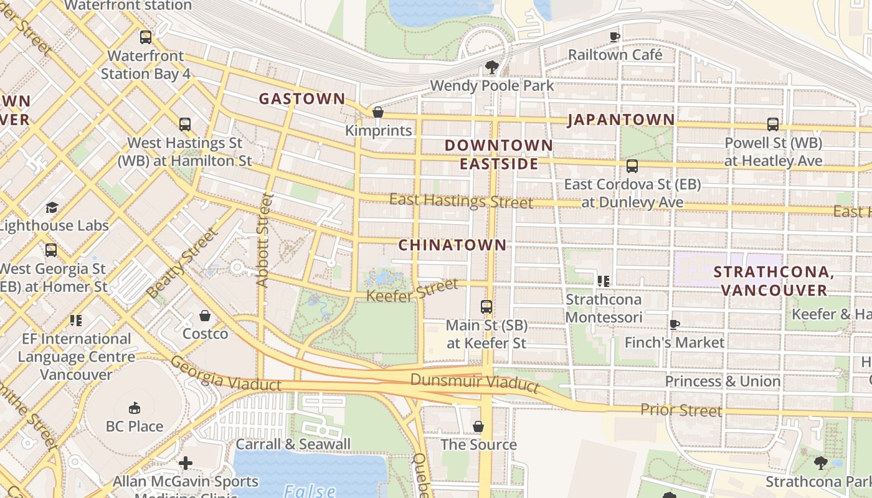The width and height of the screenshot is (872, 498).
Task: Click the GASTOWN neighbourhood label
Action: tap(301, 98)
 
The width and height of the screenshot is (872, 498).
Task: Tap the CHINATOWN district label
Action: tap(452, 245)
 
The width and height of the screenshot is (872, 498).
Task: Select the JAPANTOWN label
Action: tap(620, 120)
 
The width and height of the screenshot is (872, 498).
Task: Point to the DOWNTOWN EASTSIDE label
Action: tap(498, 154)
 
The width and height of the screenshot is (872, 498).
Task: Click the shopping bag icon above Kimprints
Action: tap(377, 112)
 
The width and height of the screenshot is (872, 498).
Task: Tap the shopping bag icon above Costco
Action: tap(205, 316)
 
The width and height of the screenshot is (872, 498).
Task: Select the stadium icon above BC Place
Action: tap(134, 408)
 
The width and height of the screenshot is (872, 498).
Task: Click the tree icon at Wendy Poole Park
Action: tap(491, 67)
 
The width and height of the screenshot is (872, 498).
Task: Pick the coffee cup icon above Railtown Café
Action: tap(615, 37)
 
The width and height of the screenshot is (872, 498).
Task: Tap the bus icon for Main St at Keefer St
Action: tap(486, 306)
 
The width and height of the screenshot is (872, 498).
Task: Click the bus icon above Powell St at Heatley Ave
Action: tap(773, 124)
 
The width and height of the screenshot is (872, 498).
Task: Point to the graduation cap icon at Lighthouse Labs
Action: tap(52, 207)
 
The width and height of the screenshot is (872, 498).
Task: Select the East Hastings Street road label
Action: tap(461, 201)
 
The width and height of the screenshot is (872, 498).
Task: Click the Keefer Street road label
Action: tap(412, 290)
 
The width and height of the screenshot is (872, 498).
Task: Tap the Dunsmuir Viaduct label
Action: tap(475, 382)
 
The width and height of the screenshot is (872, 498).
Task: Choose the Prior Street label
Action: tap(681, 410)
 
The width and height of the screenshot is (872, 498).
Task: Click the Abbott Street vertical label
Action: tap(264, 240)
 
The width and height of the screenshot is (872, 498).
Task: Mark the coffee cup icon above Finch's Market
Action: tap(674, 324)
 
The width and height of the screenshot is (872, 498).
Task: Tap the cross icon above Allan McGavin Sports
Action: tap(185, 463)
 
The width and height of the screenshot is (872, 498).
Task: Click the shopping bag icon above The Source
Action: tap(478, 426)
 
